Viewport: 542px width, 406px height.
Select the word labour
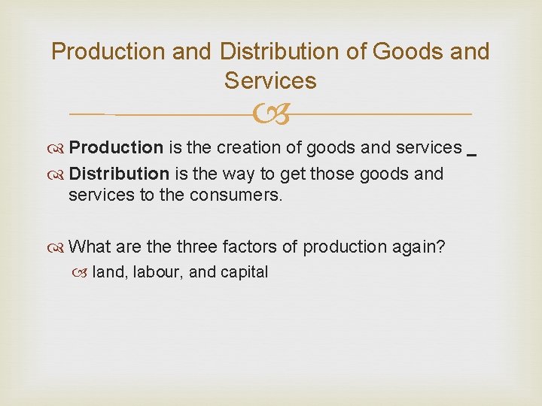pyautogui.click(x=157, y=272)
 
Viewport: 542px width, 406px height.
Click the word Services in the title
pyautogui.click(x=270, y=80)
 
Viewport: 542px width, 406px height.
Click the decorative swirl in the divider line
pyautogui.click(x=271, y=114)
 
